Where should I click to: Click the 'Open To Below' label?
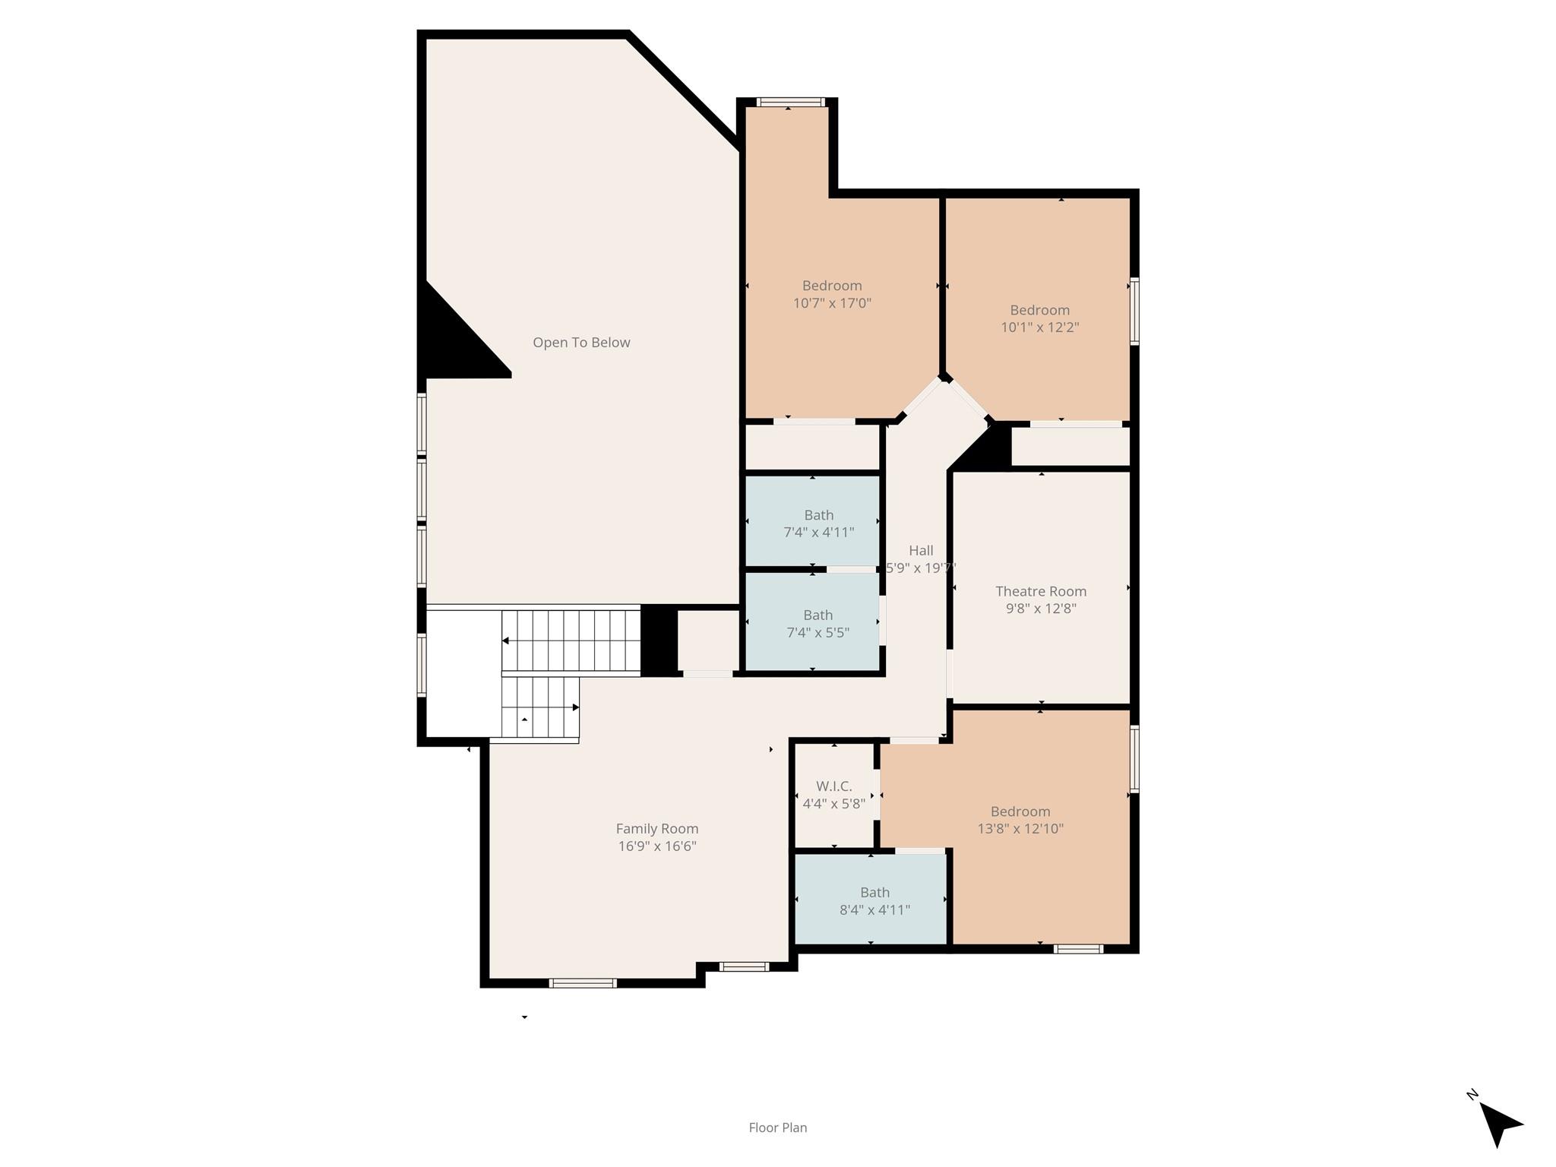point(581,343)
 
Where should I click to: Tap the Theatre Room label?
point(1041,591)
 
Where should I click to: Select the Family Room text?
point(656,829)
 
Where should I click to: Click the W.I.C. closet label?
point(834,786)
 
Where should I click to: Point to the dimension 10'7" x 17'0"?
point(832,303)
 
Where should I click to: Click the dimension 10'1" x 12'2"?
point(1039,327)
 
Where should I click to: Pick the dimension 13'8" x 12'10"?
point(1020,829)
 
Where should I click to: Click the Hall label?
point(921,551)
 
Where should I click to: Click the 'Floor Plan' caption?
point(777,1127)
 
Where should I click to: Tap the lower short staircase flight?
point(539,707)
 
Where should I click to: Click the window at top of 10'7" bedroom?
point(790,102)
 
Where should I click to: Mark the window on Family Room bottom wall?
point(583,983)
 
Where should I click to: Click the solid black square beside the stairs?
point(659,640)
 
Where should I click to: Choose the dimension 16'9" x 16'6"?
point(656,846)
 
